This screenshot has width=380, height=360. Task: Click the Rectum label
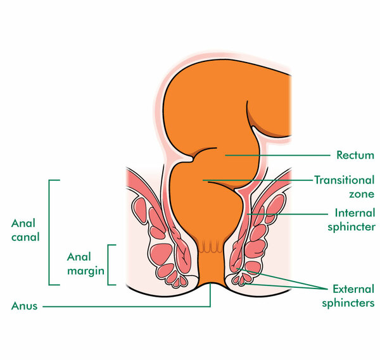(x=355, y=155)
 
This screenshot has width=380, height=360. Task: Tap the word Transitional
(x=345, y=180)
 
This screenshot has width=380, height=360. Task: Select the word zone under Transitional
(x=362, y=194)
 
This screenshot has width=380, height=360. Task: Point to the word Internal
(x=355, y=213)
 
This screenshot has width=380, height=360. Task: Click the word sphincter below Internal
(x=351, y=227)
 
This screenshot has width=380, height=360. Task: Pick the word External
(x=353, y=289)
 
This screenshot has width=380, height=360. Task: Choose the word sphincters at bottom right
(x=348, y=303)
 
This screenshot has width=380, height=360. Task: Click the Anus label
(x=24, y=306)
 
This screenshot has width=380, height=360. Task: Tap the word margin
(x=85, y=271)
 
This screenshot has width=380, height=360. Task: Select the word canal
(x=25, y=237)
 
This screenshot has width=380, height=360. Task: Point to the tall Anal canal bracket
(x=49, y=232)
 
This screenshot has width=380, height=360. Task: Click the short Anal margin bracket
(x=108, y=265)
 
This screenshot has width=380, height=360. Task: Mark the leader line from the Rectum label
(x=277, y=155)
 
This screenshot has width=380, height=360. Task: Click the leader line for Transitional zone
(x=258, y=180)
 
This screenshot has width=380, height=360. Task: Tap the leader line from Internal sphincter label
(x=288, y=214)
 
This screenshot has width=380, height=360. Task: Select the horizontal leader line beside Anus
(x=127, y=307)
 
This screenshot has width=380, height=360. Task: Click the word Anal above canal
(x=23, y=223)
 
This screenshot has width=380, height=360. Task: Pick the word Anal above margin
(x=79, y=257)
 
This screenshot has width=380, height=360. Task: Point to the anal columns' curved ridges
(x=210, y=247)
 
